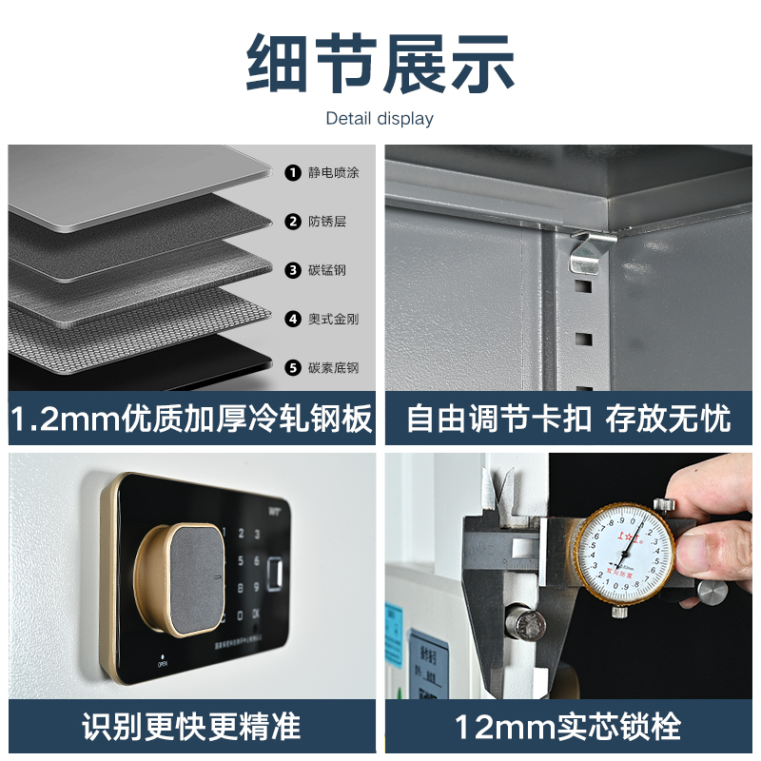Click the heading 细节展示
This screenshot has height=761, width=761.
coord(380,64)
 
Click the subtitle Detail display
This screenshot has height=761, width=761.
coord(380,119)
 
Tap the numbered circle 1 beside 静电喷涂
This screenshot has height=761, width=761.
coord(293,172)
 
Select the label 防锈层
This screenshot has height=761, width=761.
coord(327,222)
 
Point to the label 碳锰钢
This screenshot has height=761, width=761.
coord(327,270)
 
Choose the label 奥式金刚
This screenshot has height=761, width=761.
coord(334,319)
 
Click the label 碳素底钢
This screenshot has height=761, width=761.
coord(334,367)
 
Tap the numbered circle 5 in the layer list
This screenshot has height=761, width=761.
coord(293,367)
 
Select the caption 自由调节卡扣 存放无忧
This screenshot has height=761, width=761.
coord(568,419)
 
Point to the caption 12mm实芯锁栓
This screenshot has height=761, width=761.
coord(568,727)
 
